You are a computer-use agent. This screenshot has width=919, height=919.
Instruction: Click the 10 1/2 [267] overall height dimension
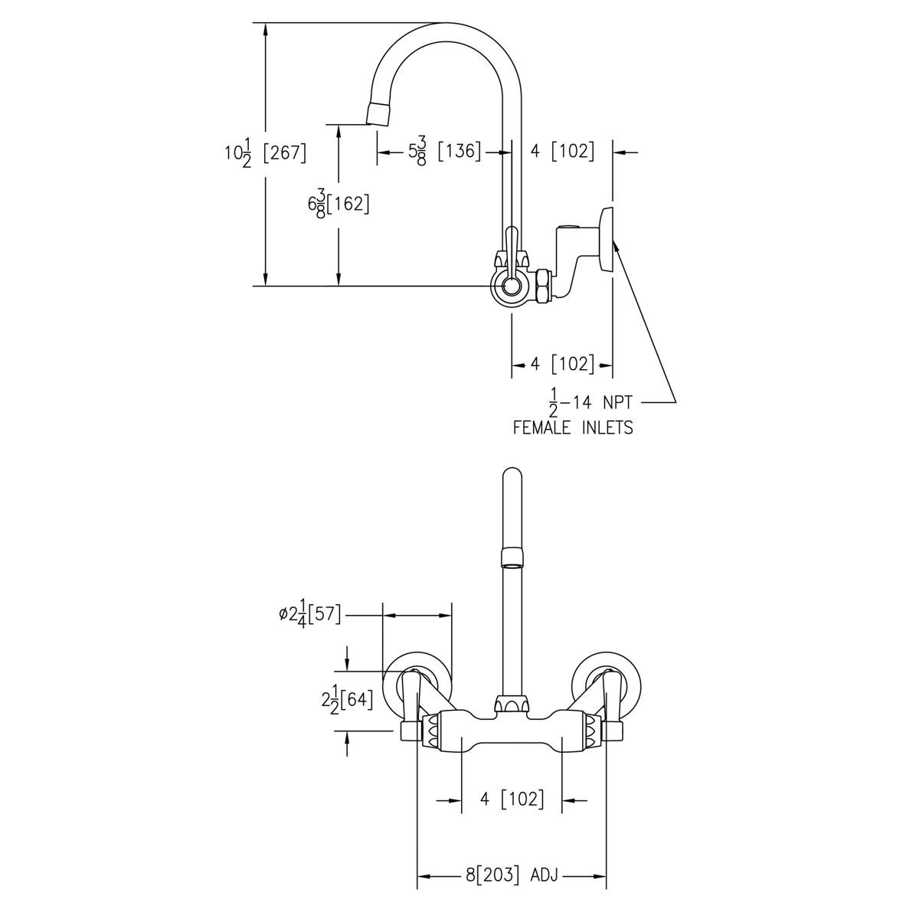265,152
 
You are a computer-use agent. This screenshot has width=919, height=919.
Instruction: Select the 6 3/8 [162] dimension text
338,204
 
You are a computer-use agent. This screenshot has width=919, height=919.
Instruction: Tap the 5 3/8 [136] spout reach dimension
444,152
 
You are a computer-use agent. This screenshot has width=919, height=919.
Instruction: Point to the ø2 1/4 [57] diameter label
310,614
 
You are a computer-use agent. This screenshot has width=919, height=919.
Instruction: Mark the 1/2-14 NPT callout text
590,401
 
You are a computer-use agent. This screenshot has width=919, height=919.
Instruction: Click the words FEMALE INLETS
573,427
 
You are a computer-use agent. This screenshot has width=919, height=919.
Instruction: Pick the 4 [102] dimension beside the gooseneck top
562,152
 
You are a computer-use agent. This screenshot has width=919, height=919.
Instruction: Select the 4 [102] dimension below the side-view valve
562,364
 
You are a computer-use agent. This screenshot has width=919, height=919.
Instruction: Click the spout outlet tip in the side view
377,114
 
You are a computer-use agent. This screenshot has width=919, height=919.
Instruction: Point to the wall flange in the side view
607,239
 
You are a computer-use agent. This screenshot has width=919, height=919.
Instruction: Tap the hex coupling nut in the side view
541,286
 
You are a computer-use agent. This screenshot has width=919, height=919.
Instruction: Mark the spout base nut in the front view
511,703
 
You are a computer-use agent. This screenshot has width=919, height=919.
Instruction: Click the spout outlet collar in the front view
511,557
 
